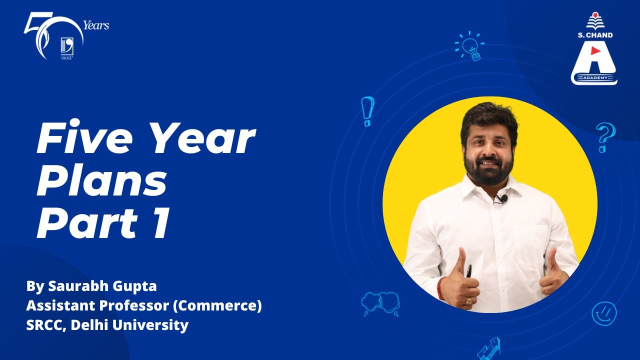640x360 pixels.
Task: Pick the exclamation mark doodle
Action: click(x=367, y=110)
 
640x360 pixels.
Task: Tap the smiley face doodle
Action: click(x=604, y=313)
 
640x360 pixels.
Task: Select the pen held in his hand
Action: click(x=468, y=270)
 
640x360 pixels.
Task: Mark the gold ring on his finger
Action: click(x=468, y=301)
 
